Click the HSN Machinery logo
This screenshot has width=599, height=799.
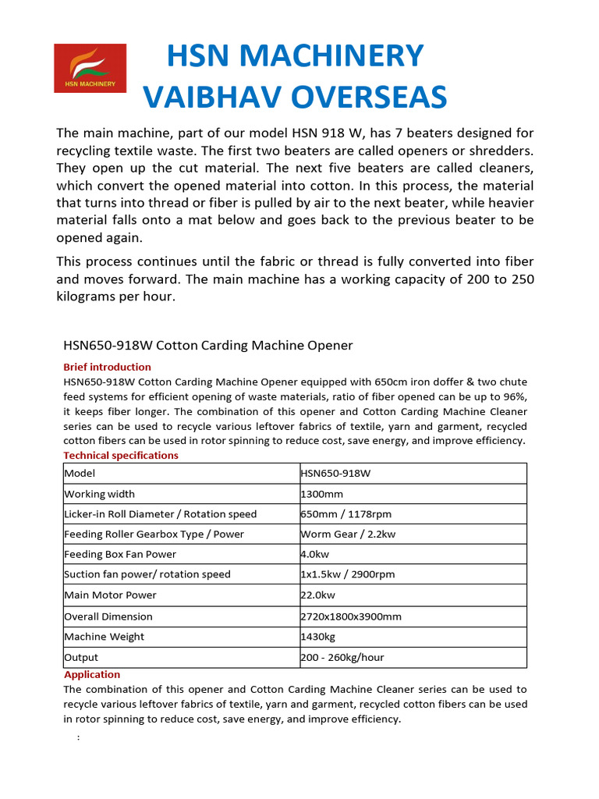[90, 68]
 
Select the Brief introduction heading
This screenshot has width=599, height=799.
[107, 367]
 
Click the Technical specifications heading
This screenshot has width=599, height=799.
[120, 456]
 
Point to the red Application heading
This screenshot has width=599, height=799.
[92, 674]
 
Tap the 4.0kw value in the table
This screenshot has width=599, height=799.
[317, 555]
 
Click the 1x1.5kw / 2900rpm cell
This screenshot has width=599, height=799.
[348, 575]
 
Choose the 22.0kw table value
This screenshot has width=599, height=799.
[319, 595]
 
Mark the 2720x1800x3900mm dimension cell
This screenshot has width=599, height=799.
[351, 616]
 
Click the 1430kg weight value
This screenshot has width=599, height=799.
[319, 637]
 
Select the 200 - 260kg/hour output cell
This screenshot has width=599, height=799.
[342, 658]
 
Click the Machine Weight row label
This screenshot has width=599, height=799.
[104, 637]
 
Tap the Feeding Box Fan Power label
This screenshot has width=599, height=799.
[120, 555]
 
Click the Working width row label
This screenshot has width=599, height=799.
[99, 494]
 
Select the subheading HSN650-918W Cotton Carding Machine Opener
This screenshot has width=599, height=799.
[207, 345]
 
